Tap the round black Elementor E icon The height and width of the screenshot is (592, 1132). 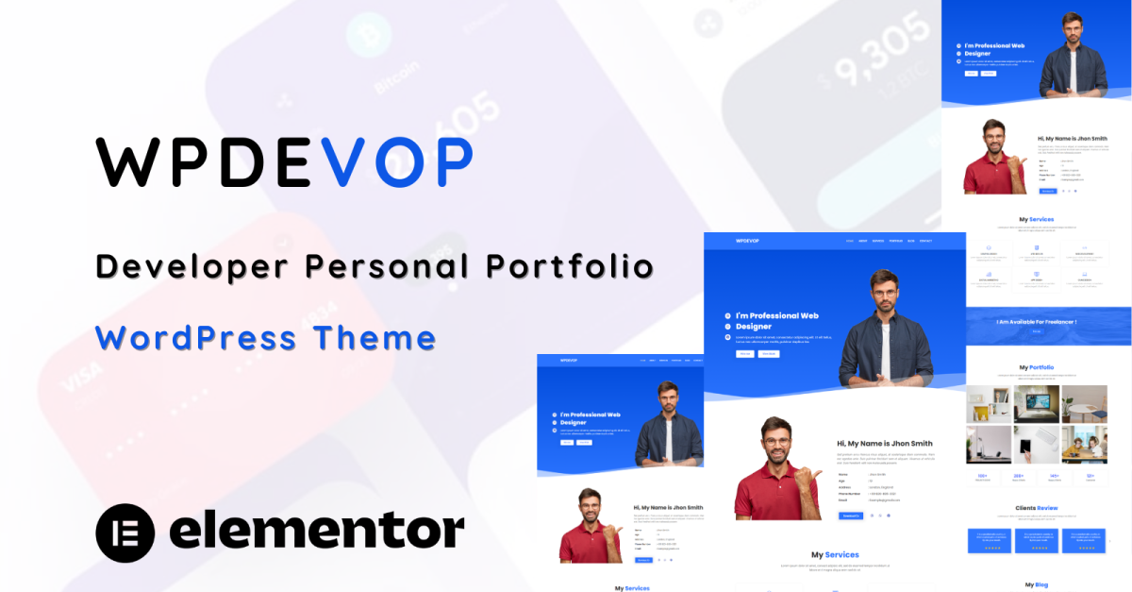tap(125, 532)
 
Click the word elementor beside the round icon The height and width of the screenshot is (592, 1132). tap(316, 532)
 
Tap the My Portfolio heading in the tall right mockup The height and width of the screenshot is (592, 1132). tap(1037, 367)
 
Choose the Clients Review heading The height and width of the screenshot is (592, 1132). tap(1037, 508)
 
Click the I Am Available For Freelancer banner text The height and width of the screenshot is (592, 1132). tap(1037, 322)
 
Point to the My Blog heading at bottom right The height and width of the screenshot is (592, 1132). tap(1035, 584)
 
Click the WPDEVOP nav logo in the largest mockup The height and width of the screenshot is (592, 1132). tap(748, 241)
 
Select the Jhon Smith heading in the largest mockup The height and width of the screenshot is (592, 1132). tap(884, 443)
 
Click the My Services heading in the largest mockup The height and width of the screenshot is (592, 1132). tap(835, 555)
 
